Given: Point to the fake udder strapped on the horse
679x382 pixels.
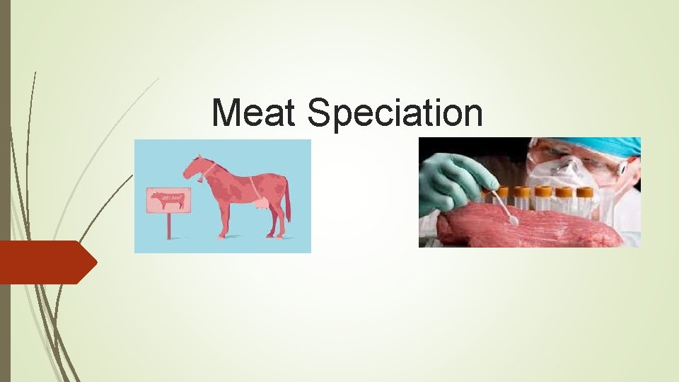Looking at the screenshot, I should (261, 204).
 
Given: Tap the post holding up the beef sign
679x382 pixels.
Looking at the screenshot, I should (169, 226).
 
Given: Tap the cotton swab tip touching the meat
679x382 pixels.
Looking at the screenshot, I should (513, 221).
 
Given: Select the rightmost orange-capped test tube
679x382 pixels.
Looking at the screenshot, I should (584, 197).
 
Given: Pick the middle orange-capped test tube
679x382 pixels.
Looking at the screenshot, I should (543, 197).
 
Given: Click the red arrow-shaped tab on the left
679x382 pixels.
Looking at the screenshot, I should (47, 262).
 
